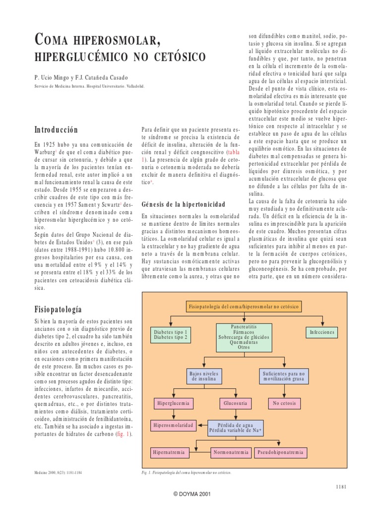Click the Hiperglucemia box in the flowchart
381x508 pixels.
(x=173, y=403)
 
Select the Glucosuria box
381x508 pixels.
(x=235, y=403)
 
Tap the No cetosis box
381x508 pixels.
(x=284, y=403)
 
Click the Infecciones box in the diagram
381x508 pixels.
(x=322, y=332)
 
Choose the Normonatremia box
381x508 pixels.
(x=231, y=452)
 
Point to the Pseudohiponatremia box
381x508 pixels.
(x=281, y=452)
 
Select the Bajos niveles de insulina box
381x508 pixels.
(x=204, y=375)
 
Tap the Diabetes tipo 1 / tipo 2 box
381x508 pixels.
(x=171, y=334)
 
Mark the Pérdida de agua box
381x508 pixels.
(x=240, y=428)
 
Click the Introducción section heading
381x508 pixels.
(x=56, y=130)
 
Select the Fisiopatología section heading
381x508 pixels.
(x=58, y=308)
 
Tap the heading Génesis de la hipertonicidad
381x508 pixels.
(x=184, y=204)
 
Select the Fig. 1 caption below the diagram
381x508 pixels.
(x=187, y=472)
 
